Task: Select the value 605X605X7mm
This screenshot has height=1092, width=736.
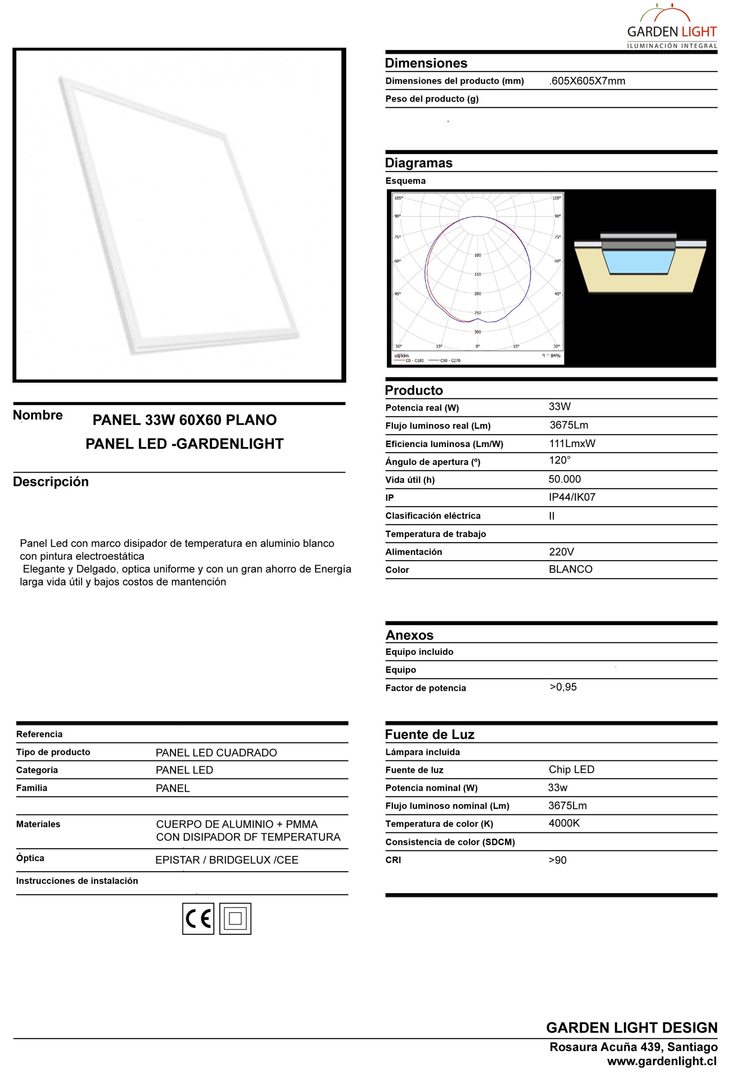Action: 587,81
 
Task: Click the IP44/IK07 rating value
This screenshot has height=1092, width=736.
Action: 572,497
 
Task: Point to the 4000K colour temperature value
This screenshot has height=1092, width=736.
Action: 564,823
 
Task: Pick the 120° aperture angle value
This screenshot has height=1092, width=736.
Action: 559,460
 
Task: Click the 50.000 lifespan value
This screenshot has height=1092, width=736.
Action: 564,479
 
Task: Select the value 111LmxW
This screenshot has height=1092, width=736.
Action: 572,444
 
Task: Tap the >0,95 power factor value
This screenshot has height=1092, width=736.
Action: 563,687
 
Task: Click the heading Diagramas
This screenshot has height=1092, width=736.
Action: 419,163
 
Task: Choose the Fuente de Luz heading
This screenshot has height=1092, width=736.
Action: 430,735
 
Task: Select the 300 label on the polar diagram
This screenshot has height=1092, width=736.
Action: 477,332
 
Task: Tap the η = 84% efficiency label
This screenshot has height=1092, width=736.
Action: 552,355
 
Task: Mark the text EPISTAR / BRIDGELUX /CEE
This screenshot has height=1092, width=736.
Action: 227,860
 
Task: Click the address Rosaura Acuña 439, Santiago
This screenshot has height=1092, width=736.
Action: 633,1047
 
